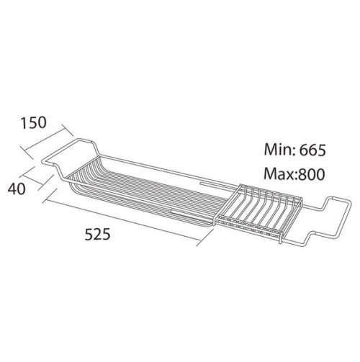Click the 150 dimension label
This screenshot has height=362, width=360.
[x=33, y=122]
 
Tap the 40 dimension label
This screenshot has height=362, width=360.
[x=17, y=189]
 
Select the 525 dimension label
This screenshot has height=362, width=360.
[x=97, y=234]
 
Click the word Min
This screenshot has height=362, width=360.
[x=279, y=150]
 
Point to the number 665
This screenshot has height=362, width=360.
[x=312, y=150]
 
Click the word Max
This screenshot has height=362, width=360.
[x=280, y=174]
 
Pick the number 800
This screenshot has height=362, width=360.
[x=312, y=174]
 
